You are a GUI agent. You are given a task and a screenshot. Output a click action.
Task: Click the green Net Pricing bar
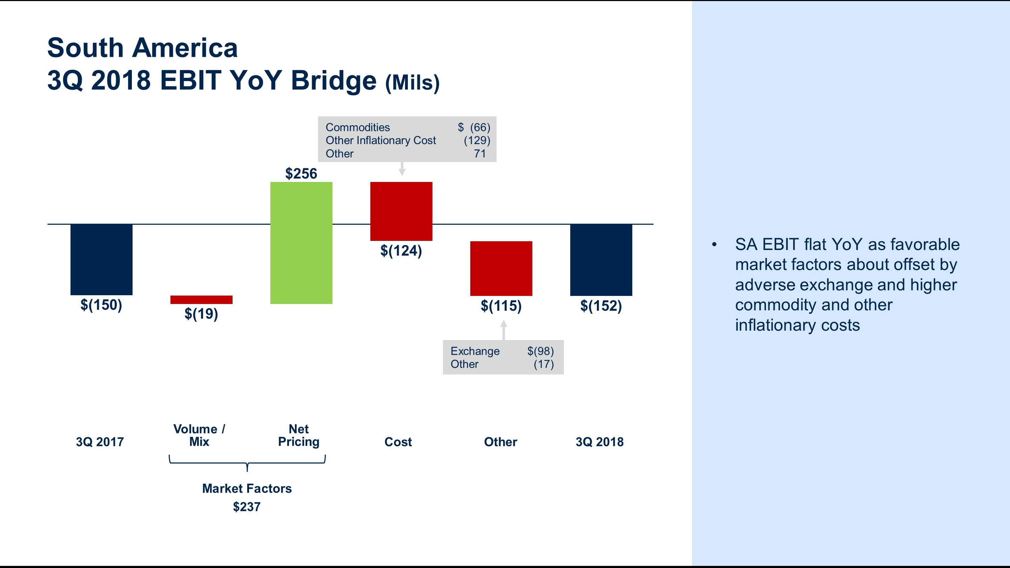click(x=301, y=243)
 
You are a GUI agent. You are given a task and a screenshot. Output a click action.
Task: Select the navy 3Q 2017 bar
click(x=101, y=259)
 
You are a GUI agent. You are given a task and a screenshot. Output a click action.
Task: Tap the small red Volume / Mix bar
click(x=201, y=299)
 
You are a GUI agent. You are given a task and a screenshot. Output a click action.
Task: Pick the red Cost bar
click(x=401, y=211)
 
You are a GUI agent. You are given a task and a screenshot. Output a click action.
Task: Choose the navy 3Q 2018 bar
click(x=601, y=260)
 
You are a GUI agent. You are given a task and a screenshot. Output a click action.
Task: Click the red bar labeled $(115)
click(x=501, y=269)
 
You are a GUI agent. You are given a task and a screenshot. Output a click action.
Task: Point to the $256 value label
click(x=301, y=174)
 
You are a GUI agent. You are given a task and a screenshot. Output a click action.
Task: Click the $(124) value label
click(x=401, y=251)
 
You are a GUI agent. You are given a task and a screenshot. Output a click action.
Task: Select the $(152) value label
click(x=601, y=306)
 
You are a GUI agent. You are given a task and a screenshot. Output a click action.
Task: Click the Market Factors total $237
click(x=247, y=507)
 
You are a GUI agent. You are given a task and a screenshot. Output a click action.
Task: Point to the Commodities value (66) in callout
click(x=479, y=127)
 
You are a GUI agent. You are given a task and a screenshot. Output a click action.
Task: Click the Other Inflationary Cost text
click(x=380, y=140)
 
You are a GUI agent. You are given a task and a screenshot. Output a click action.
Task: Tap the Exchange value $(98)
click(x=540, y=351)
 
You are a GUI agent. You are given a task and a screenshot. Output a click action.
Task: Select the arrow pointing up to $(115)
click(x=504, y=329)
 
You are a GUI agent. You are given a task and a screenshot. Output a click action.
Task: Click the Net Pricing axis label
click(x=298, y=435)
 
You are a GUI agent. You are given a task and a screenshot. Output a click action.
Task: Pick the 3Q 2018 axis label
click(x=599, y=442)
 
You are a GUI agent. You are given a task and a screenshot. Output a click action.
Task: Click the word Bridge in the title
click(x=333, y=80)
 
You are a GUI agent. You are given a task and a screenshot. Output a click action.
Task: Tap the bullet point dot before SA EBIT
click(x=714, y=245)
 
